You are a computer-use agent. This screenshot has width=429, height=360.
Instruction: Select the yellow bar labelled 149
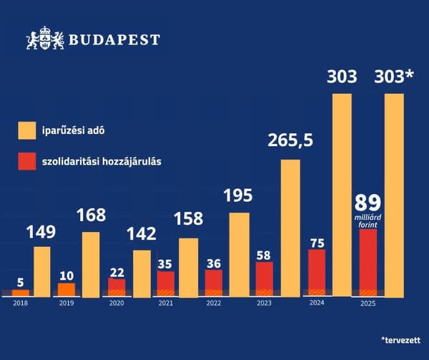coord(42,271)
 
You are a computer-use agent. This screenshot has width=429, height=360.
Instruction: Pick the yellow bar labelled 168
coord(91,263)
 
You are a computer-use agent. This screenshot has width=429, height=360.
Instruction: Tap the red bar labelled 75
coord(316,272)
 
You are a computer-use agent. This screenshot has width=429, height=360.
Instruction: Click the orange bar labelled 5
coord(21,292)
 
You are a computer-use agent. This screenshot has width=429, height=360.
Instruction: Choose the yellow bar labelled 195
coord(240,254)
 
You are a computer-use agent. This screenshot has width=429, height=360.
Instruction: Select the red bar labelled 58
coord(265,278)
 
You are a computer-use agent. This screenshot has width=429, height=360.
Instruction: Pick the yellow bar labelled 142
coord(142,273)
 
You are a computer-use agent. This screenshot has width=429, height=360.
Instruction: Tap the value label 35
coord(165,263)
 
